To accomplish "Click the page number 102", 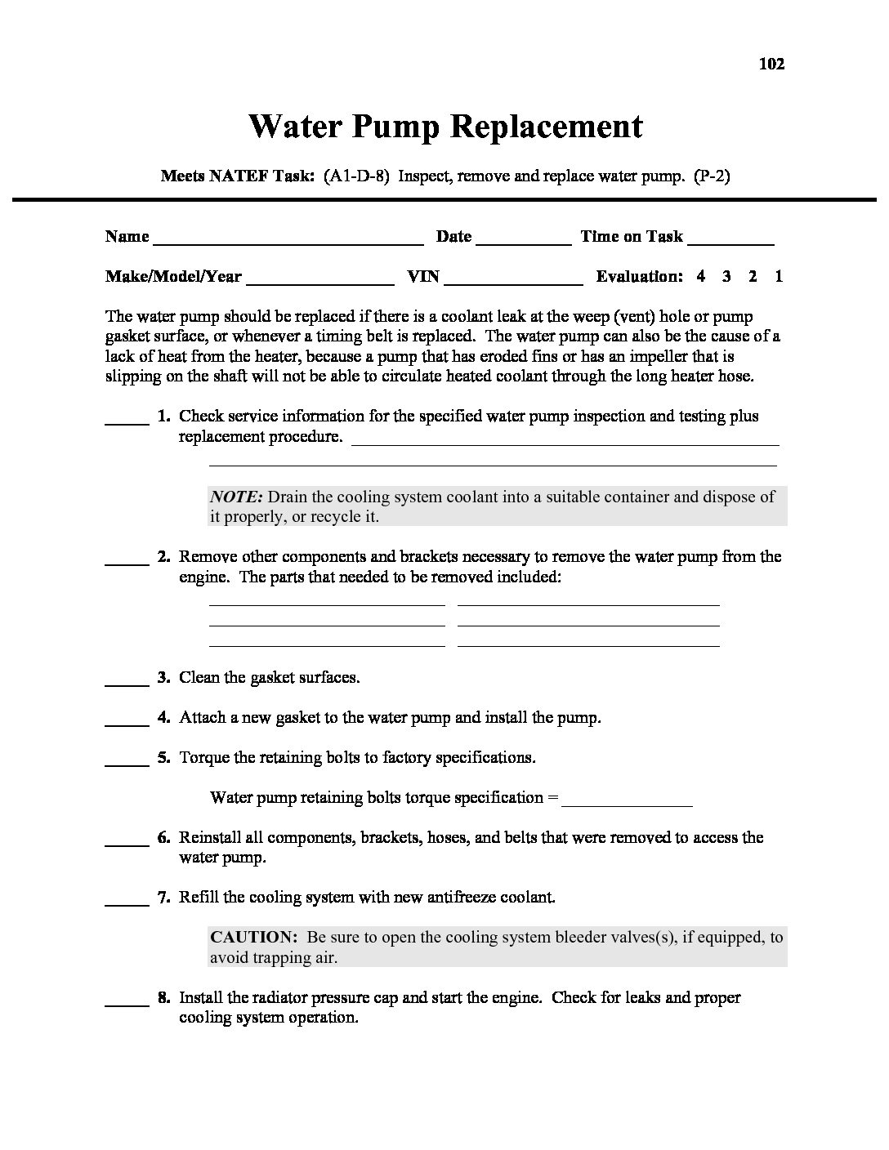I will pos(771,64).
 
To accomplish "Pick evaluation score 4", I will pos(701,276).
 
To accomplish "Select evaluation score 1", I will pos(779,276).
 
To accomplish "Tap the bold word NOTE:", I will pos(236,497).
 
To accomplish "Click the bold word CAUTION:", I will pos(252,937).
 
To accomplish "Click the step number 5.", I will pos(164,757).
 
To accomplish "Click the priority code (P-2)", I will pos(711,176).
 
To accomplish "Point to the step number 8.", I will pos(164,997).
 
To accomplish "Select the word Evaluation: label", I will pos(639,276).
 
